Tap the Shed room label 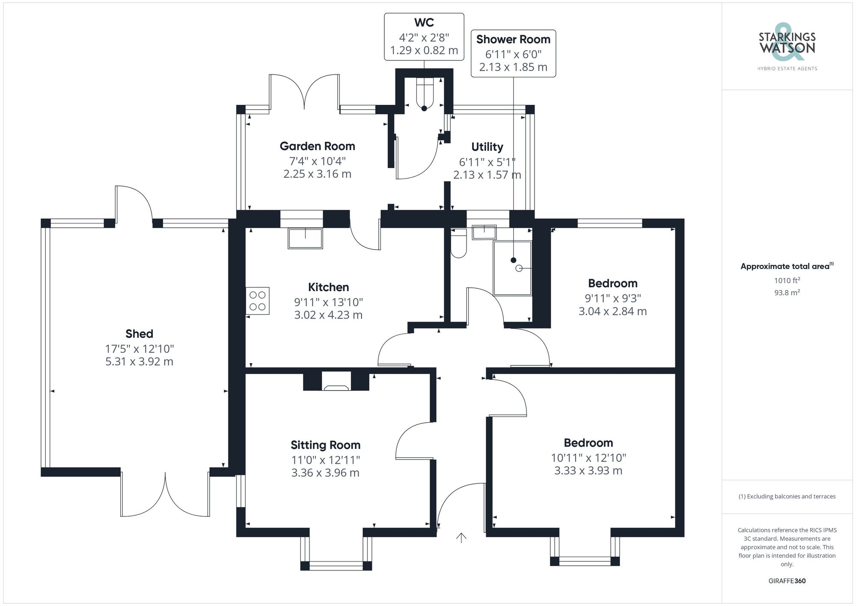[139, 334]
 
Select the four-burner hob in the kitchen [258, 301]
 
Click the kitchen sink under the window [305, 238]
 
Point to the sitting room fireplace [336, 384]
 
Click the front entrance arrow [461, 538]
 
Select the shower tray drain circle [519, 268]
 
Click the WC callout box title [424, 23]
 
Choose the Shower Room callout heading [513, 39]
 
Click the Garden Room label [317, 146]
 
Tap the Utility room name [487, 147]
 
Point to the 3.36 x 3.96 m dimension [325, 473]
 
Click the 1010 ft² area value [787, 281]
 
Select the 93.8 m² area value [787, 293]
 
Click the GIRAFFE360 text [787, 581]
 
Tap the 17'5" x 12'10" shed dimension [140, 349]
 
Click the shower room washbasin [484, 232]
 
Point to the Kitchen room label [328, 287]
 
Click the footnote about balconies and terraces [787, 496]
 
